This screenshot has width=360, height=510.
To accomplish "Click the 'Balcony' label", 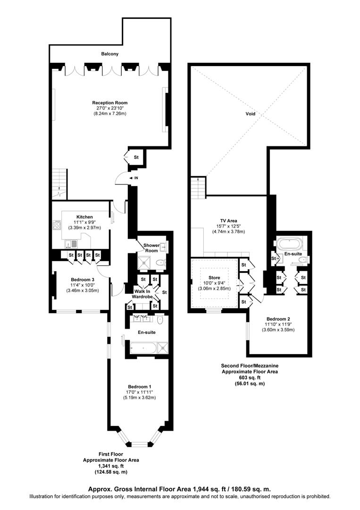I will click(110, 54).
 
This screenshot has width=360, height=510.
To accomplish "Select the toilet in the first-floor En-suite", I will click(160, 320).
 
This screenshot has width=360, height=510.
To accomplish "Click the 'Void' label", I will click(251, 114).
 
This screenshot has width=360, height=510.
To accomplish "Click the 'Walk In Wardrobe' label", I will click(141, 294).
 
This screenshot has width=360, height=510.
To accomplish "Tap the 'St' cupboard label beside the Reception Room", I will click(136, 157).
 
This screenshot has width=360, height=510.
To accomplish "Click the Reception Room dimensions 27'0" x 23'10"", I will click(109, 108).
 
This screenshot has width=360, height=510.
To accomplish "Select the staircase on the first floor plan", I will click(59, 185).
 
